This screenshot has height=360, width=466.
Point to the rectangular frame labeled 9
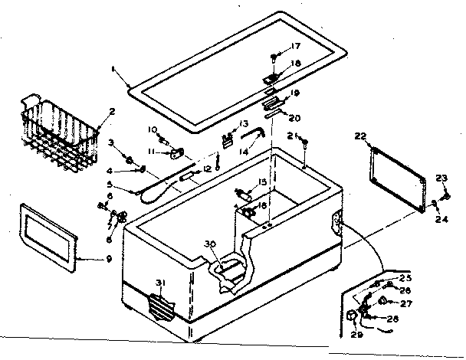tap(48, 237)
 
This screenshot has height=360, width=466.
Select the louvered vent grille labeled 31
tap(161, 306)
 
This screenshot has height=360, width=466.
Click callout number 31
tap(159, 283)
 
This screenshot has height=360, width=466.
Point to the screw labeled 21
tap(305, 142)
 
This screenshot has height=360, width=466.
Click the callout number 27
tap(405, 303)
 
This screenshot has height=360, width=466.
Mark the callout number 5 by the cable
tap(111, 184)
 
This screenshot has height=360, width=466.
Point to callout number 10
tap(152, 129)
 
